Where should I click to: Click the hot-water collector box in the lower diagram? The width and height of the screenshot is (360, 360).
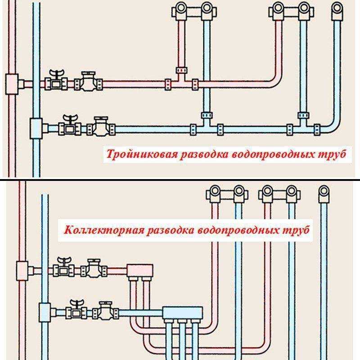click(140, 271)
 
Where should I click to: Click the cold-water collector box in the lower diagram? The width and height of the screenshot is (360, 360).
click(183, 313)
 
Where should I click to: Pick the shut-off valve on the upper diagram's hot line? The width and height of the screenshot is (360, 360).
click(56, 80)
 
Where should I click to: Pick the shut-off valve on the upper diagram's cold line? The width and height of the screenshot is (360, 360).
click(70, 125)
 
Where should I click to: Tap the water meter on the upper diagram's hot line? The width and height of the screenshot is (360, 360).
click(88, 81)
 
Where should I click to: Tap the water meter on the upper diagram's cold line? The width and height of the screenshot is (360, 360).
click(101, 126)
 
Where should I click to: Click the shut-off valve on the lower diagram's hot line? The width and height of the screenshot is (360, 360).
click(63, 267)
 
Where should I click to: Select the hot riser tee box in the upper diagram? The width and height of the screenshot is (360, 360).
click(12, 84)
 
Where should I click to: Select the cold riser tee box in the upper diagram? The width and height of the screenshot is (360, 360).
click(36, 129)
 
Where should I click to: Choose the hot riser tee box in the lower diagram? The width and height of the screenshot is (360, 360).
click(22, 271)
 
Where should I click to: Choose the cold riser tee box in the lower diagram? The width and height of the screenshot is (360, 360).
click(45, 313)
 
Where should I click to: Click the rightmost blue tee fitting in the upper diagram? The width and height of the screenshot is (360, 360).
click(303, 125)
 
